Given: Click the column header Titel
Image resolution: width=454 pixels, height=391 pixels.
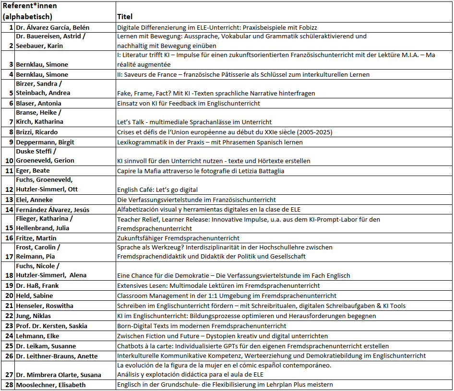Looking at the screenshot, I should pyautogui.click(x=125, y=17).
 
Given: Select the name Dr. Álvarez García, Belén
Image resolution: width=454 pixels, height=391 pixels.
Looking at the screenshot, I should pyautogui.click(x=53, y=27).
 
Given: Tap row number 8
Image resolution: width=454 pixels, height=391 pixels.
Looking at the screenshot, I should pyautogui.click(x=11, y=132).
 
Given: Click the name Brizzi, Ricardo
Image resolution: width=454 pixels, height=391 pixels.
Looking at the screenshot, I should pyautogui.click(x=38, y=132).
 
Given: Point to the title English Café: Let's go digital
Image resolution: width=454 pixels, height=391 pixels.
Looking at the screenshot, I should pyautogui.click(x=157, y=190).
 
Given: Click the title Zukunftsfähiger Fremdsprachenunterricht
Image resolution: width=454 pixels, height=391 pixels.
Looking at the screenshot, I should pyautogui.click(x=178, y=238).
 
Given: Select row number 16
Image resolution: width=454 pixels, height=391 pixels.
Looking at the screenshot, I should pyautogui.click(x=9, y=238).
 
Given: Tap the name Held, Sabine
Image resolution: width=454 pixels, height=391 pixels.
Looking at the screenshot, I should pyautogui.click(x=35, y=296).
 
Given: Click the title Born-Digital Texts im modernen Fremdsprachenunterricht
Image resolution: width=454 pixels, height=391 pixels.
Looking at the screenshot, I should pyautogui.click(x=202, y=326).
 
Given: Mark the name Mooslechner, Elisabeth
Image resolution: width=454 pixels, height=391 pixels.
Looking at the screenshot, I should pyautogui.click(x=52, y=384).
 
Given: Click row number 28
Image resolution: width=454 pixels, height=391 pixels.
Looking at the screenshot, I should pyautogui.click(x=9, y=384).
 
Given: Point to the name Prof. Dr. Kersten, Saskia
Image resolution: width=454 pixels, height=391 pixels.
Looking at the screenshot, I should pyautogui.click(x=51, y=326).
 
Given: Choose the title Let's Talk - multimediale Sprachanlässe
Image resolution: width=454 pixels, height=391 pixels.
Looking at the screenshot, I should pyautogui.click(x=194, y=122).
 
